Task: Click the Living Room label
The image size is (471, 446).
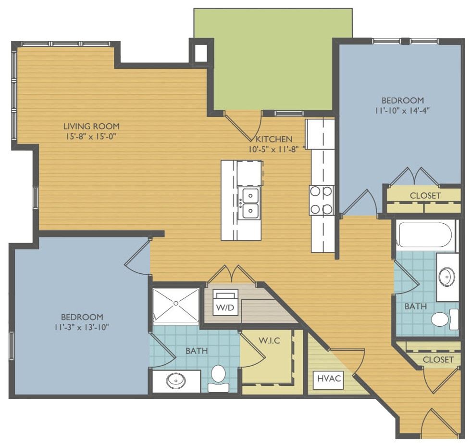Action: (91, 126)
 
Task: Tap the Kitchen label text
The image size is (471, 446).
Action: (273, 139)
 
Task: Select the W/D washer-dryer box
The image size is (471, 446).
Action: (225, 302)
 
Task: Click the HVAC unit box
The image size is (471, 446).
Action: (329, 379)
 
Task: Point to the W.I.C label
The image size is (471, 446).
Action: (270, 341)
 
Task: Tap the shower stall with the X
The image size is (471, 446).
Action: (176, 306)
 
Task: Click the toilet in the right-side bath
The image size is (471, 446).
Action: (445, 319)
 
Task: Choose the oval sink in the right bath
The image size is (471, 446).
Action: (446, 276)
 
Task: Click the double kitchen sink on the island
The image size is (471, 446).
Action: (249, 204)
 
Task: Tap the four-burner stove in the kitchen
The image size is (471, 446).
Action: (322, 200)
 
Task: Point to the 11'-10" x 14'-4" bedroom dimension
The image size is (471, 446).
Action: (402, 111)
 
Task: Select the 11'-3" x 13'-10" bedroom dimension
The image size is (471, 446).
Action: (82, 327)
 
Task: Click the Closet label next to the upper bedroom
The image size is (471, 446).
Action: (425, 196)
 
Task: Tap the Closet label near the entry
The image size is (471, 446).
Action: (438, 359)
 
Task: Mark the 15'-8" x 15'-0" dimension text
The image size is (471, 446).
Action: (91, 137)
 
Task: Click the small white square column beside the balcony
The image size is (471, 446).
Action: (201, 53)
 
